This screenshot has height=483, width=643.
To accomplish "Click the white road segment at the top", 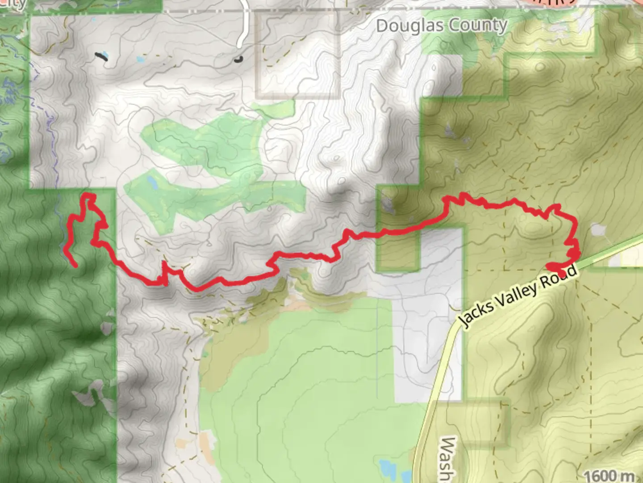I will coord(244,27).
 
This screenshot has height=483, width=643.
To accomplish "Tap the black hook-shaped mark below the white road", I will coord(239,58).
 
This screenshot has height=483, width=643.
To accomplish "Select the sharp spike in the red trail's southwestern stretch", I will coord(164,268).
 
